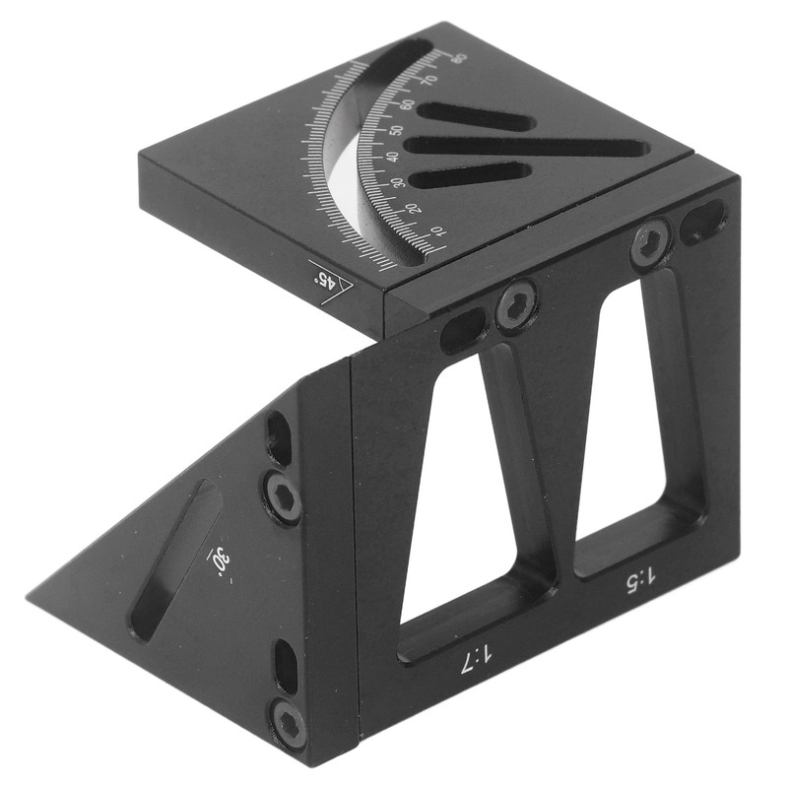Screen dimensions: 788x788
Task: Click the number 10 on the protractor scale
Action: point(437,232)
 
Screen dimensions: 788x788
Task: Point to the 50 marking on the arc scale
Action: point(396,130)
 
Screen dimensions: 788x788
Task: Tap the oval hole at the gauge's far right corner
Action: point(703,222)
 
